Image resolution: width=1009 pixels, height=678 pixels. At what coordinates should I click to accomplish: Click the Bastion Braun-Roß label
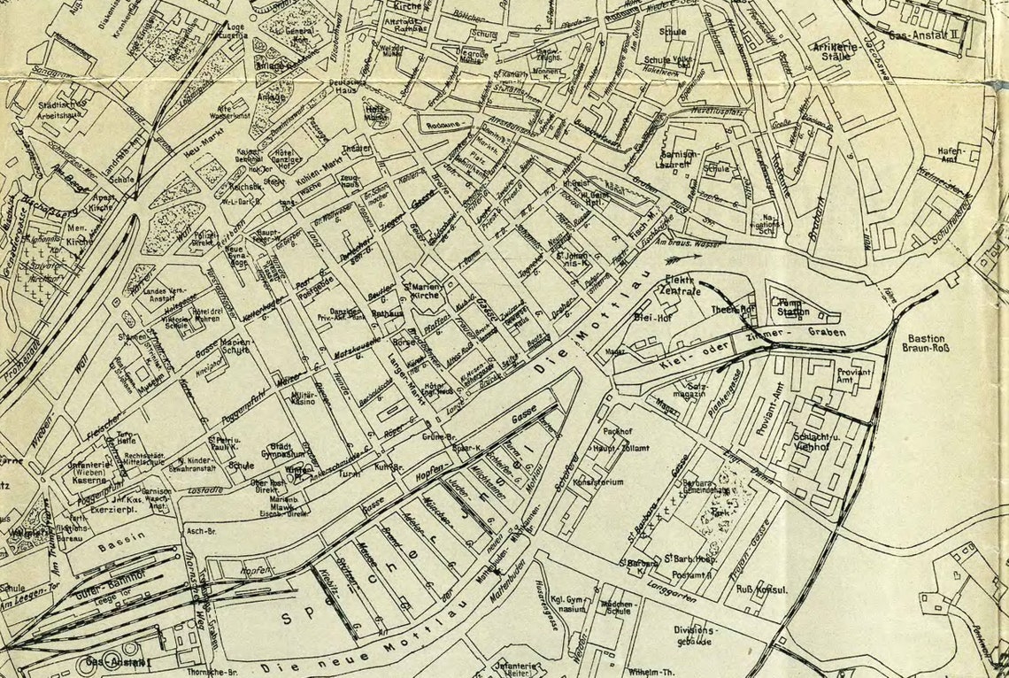pos(925,343)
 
